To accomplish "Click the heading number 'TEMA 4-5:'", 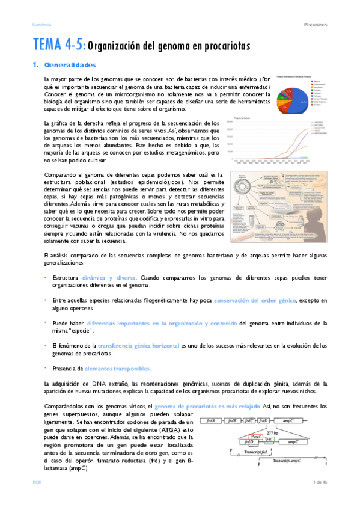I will tap(59, 46).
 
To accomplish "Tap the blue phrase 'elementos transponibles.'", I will tap(118, 368).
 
